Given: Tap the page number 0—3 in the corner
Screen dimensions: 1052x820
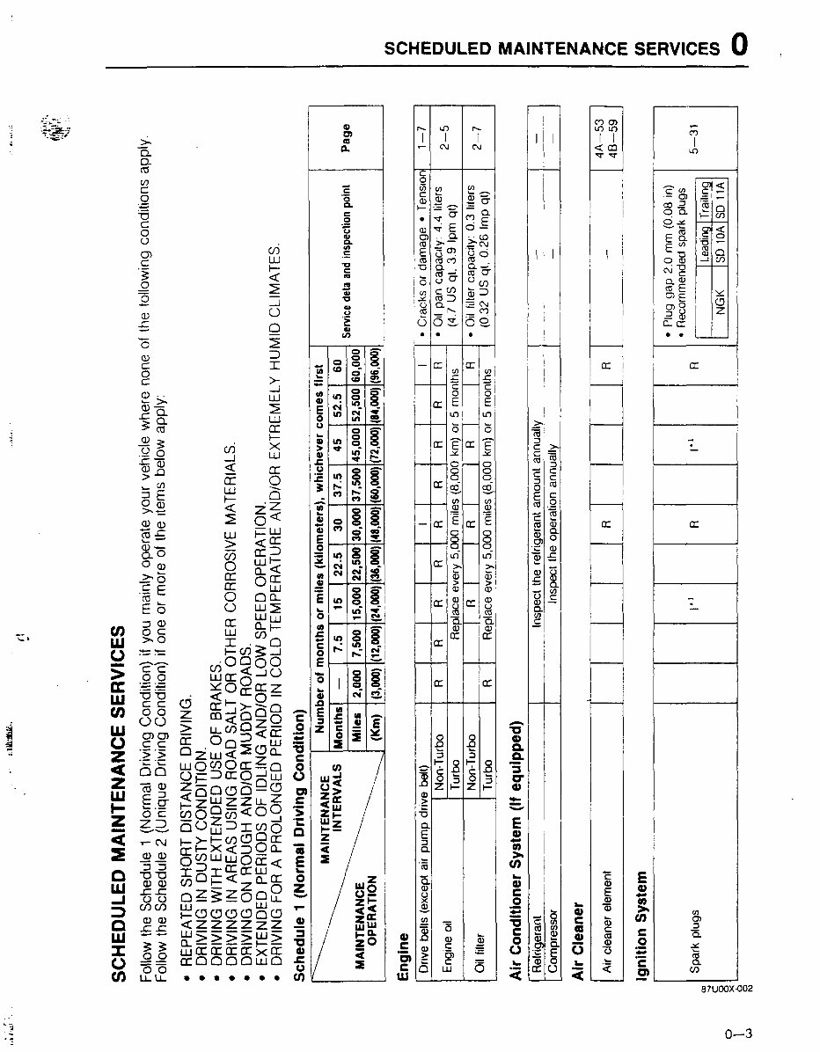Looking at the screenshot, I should [x=737, y=1034].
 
